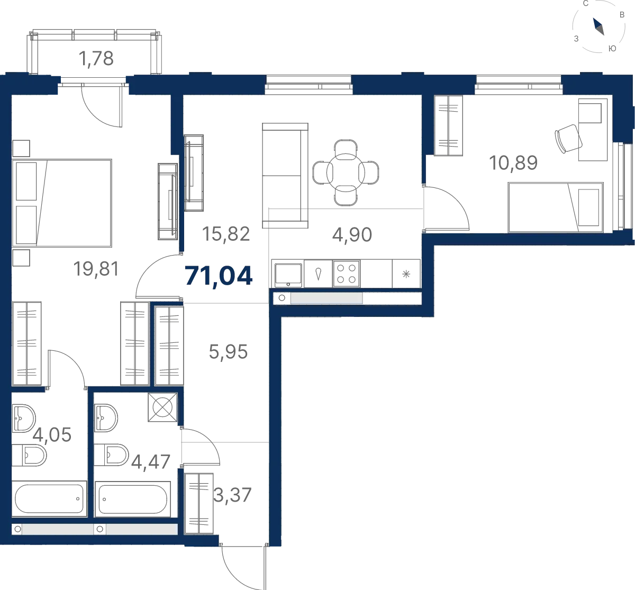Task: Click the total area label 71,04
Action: [x=219, y=276]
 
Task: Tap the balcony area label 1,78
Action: [x=96, y=59]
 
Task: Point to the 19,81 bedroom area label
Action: [x=96, y=269]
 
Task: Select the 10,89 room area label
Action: [x=513, y=163]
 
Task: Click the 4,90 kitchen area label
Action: [x=352, y=235]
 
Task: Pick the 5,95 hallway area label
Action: [x=228, y=352]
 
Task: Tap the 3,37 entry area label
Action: [x=232, y=495]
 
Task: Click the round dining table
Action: [x=346, y=173]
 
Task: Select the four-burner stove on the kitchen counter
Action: [x=346, y=274]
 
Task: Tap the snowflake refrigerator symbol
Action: [x=406, y=274]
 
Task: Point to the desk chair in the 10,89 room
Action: [x=568, y=139]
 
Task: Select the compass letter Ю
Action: [x=612, y=49]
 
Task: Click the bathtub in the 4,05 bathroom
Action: [x=49, y=499]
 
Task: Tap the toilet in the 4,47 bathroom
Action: [x=111, y=455]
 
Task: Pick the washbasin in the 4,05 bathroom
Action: [x=24, y=418]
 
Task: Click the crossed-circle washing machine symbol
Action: [x=162, y=407]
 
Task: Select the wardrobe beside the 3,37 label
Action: [x=199, y=504]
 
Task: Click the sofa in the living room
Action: [x=285, y=176]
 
